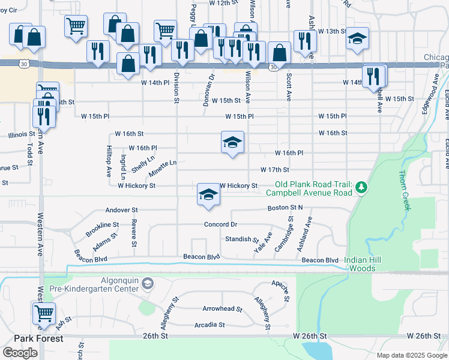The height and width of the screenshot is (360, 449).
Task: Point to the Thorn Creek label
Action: pos(406,190)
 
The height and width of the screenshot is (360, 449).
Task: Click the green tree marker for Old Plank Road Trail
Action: pos(361,188)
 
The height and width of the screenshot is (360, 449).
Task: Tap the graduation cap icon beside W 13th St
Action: pos(358,40)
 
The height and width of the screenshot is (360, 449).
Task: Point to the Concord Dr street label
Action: pos(221,224)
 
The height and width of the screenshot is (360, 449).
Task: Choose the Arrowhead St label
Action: pos(222,310)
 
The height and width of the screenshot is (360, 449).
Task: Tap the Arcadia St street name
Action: pos(209,325)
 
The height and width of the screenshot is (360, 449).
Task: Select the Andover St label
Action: pos(121,211)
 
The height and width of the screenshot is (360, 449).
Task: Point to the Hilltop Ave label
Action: pos(109,162)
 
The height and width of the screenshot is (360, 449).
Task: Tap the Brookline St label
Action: pos(102,230)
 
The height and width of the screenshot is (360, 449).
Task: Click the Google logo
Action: pos(20,353)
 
